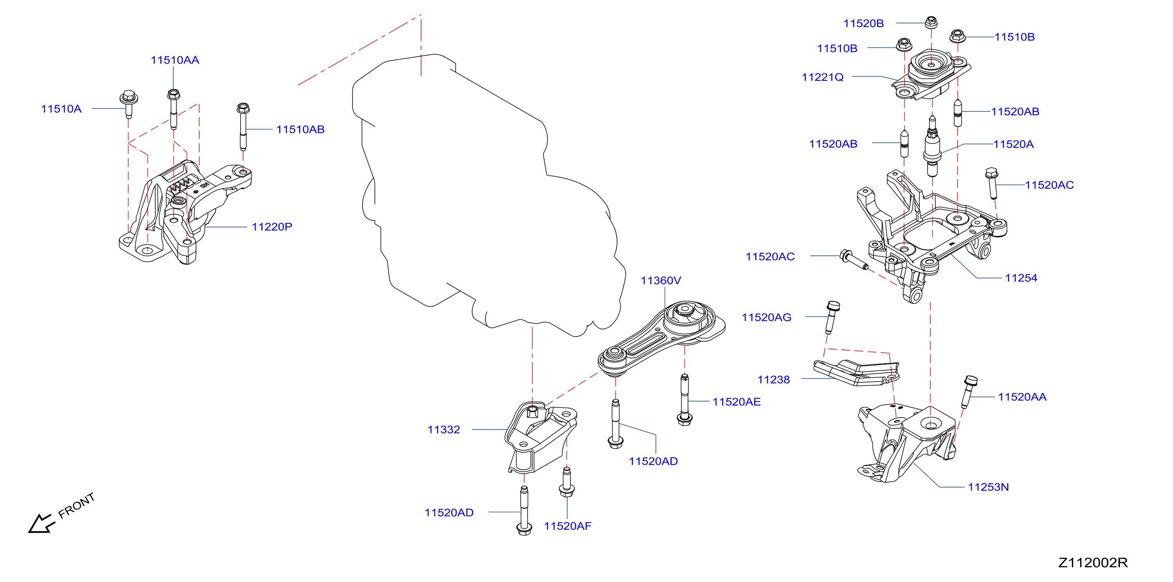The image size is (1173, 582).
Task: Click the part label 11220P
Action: pos(272,226)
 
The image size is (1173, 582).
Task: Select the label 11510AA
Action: pos(175,60)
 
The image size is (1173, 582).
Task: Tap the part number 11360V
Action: pos(661,280)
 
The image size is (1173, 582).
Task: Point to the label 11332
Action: pos(443,429)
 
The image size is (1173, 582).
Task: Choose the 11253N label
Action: pos(988,487)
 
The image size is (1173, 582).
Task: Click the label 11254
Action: pos(1021,278)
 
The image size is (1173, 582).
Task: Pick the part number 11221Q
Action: pos(823,77)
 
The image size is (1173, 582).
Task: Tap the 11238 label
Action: pos(773,379)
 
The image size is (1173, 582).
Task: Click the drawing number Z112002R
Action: pos(1093,563)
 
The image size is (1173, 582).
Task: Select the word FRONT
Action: pos(76,506)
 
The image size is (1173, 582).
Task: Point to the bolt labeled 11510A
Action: pos(129,104)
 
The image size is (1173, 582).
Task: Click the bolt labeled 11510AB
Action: pos(243,126)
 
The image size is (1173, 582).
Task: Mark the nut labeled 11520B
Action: pos(931,22)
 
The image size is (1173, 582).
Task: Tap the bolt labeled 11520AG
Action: pos(832,317)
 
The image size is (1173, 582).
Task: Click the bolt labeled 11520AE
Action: pos(685,399)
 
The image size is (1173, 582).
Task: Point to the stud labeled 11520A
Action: pos(932,146)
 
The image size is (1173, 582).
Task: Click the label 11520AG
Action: pos(766,317)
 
